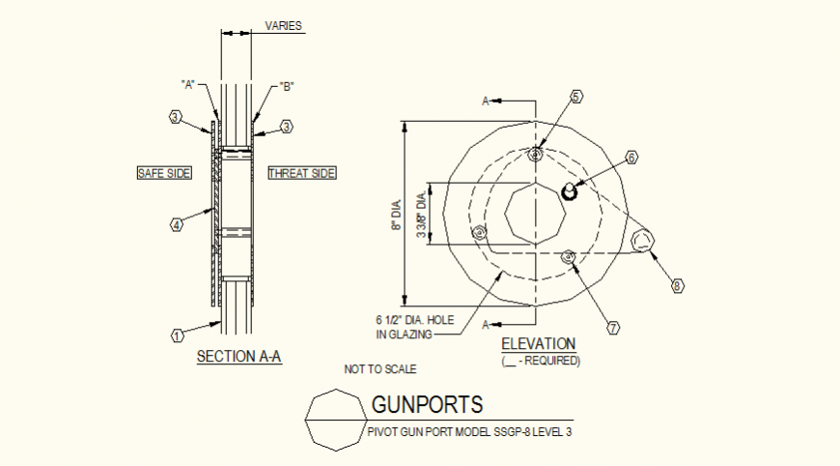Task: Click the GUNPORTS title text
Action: click(x=428, y=404)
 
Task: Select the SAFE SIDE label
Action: click(x=164, y=173)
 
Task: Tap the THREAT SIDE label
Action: click(x=302, y=173)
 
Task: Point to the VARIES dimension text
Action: click(x=284, y=26)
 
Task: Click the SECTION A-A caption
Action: click(x=238, y=357)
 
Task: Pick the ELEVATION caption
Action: click(x=538, y=343)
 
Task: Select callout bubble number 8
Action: click(x=677, y=285)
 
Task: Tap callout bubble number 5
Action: click(x=575, y=97)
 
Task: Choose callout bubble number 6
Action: click(x=631, y=157)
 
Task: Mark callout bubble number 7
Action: click(x=612, y=328)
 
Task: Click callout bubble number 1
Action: click(x=178, y=335)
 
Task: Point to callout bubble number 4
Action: click(x=177, y=224)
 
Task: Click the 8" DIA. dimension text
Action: click(x=395, y=215)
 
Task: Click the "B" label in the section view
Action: click(x=287, y=86)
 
